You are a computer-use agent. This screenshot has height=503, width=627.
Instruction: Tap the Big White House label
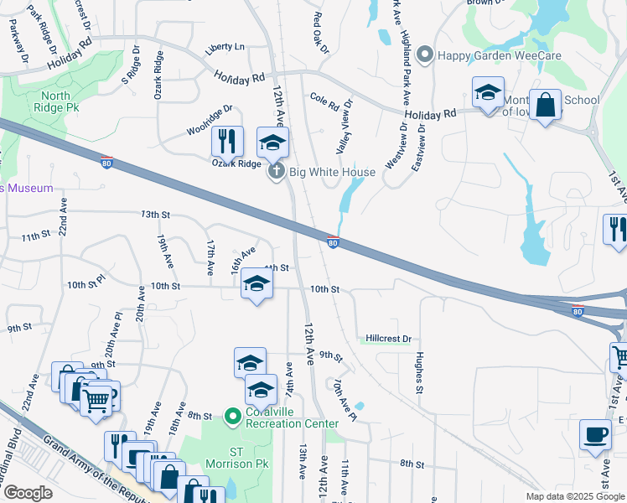point(332,172)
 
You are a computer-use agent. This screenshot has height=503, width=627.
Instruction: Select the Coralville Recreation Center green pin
point(233,415)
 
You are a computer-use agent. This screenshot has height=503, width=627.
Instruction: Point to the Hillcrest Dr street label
point(389,339)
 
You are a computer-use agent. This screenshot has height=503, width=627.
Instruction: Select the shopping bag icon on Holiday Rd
point(545,106)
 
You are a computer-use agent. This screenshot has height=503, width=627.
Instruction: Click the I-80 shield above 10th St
point(333,243)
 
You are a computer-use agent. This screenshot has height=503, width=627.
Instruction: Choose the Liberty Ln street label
point(225,47)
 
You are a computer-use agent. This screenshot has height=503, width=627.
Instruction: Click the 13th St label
point(155,215)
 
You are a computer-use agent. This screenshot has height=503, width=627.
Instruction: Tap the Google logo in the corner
point(28,493)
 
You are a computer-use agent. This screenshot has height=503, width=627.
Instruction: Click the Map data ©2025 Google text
point(574,496)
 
